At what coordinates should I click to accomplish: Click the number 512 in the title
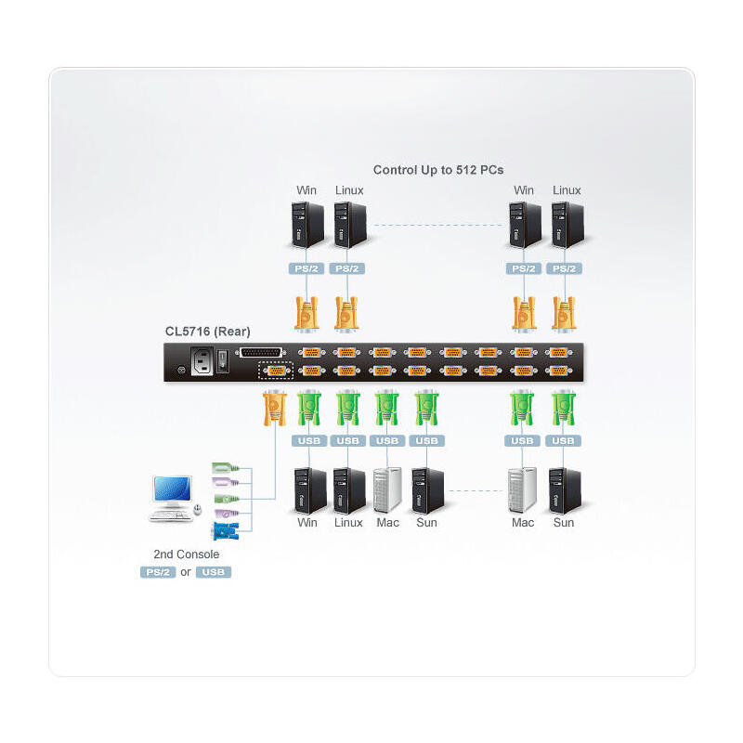463,170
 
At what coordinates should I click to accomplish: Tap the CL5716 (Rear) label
207,331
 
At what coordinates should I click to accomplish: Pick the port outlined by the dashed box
275,371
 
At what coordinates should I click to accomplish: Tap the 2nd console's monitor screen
173,489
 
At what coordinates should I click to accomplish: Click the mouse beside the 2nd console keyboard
197,509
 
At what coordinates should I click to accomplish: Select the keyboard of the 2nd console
170,514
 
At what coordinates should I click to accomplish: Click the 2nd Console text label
186,554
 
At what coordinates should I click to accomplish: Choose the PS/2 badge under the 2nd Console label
158,572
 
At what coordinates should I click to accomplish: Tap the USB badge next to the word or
214,572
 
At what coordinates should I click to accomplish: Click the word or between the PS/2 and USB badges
186,572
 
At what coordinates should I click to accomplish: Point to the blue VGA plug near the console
224,531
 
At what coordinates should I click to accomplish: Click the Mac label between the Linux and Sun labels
388,523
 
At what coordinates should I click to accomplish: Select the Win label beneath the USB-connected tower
307,523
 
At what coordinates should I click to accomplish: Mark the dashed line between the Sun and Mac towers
476,490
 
